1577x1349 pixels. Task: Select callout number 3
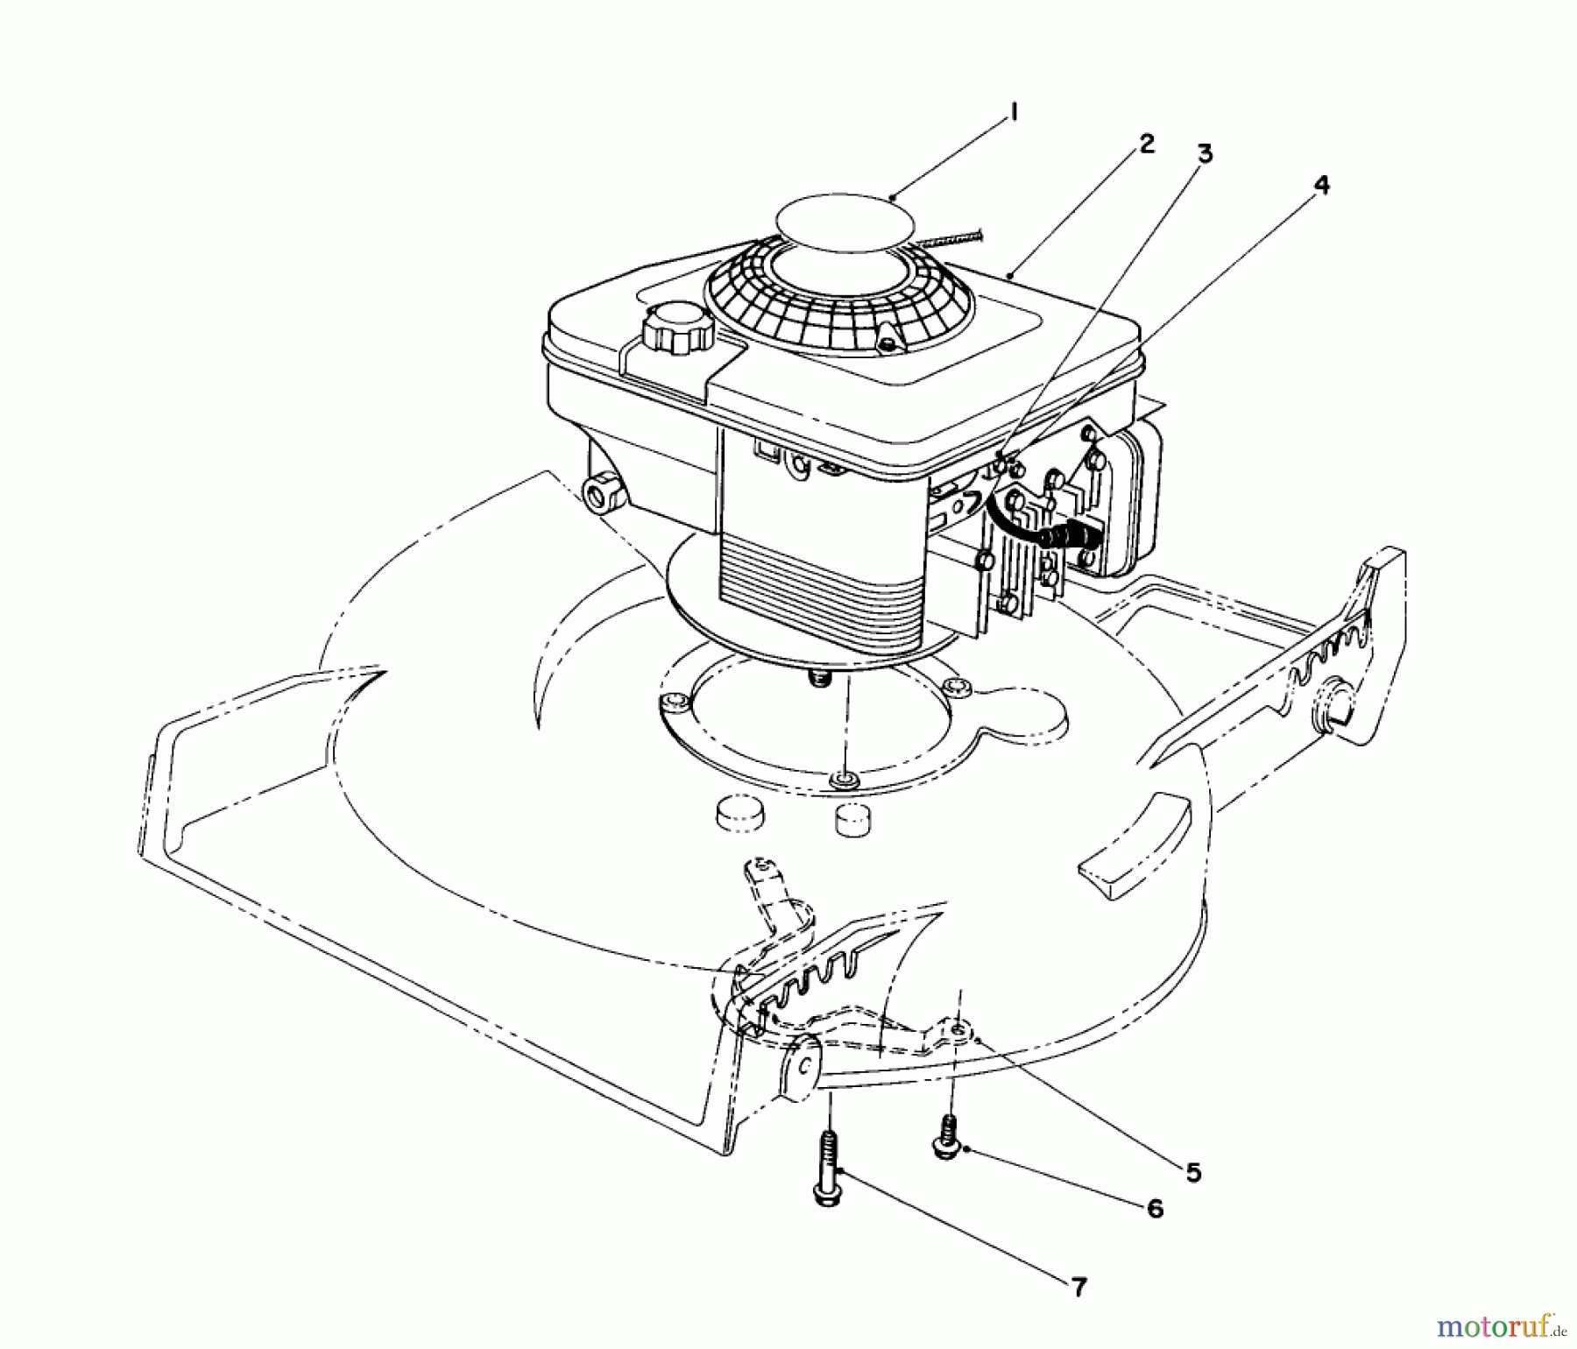[x=1206, y=154]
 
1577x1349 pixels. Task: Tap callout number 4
[x=1321, y=185]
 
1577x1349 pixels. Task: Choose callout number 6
[x=1155, y=1210]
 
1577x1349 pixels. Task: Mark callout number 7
[x=1078, y=1287]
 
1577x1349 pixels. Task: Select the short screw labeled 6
[x=947, y=1138]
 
